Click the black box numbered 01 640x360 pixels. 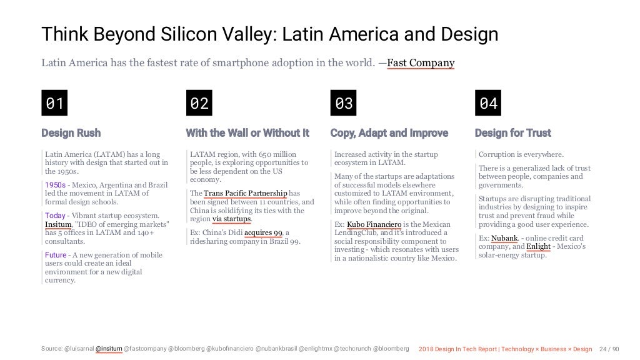click(x=54, y=103)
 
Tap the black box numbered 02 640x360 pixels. click(x=199, y=103)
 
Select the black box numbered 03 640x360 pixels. click(x=344, y=103)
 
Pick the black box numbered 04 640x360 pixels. click(x=488, y=103)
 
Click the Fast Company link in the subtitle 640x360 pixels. click(x=421, y=62)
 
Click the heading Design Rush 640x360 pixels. click(x=71, y=133)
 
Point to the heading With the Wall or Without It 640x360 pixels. click(x=247, y=133)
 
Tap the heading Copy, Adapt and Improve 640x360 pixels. click(x=389, y=133)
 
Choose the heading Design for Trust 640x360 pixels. click(x=512, y=133)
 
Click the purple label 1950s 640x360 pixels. click(x=55, y=185)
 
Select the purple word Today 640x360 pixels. click(x=55, y=216)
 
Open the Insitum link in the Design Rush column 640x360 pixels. click(x=58, y=224)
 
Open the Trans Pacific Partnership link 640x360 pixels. click(x=246, y=193)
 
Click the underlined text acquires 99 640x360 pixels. click(x=263, y=233)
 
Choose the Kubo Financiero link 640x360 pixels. click(x=374, y=224)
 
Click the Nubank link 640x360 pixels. click(x=504, y=238)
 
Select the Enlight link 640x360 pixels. click(x=538, y=247)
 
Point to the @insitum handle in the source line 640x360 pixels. click(x=109, y=348)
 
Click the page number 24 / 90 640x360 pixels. click(x=609, y=348)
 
